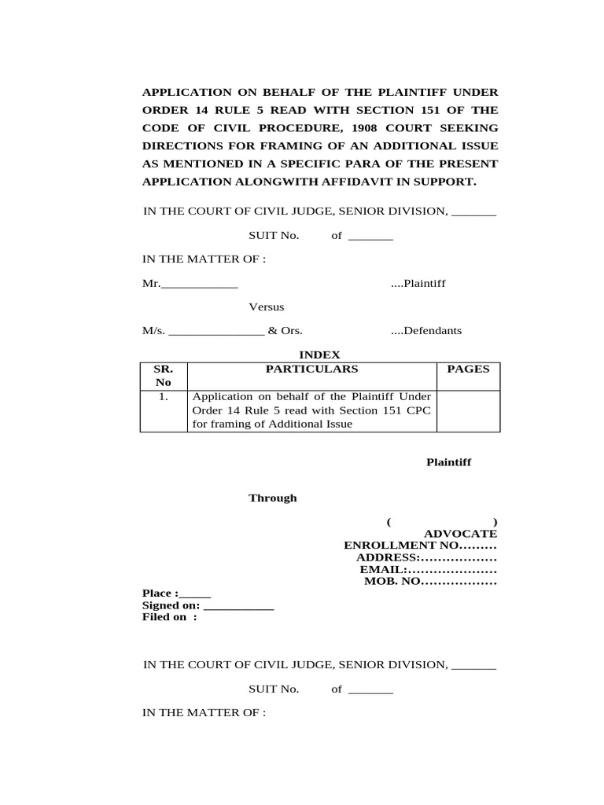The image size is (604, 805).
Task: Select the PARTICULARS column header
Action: (x=311, y=369)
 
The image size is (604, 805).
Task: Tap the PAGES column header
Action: (x=468, y=369)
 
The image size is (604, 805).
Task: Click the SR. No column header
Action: (x=164, y=375)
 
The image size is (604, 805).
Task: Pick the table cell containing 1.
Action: (x=164, y=398)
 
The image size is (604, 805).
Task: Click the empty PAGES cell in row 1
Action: (x=468, y=411)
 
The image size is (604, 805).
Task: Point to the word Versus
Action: (x=267, y=307)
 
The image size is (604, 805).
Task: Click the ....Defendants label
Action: (x=426, y=331)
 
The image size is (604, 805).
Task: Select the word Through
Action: (x=273, y=498)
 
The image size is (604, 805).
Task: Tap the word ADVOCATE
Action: (x=460, y=534)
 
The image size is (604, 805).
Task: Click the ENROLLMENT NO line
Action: (x=420, y=546)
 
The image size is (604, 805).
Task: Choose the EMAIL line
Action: (x=428, y=569)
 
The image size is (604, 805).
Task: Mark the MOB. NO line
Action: (x=430, y=582)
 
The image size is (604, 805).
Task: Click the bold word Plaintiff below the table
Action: (x=448, y=462)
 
